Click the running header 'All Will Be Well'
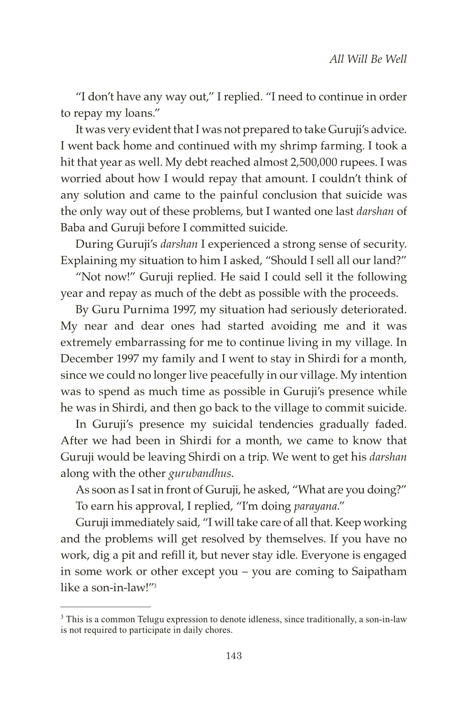(x=368, y=59)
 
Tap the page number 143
(x=233, y=656)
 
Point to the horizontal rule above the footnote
(x=106, y=607)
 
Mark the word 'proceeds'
(x=380, y=293)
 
